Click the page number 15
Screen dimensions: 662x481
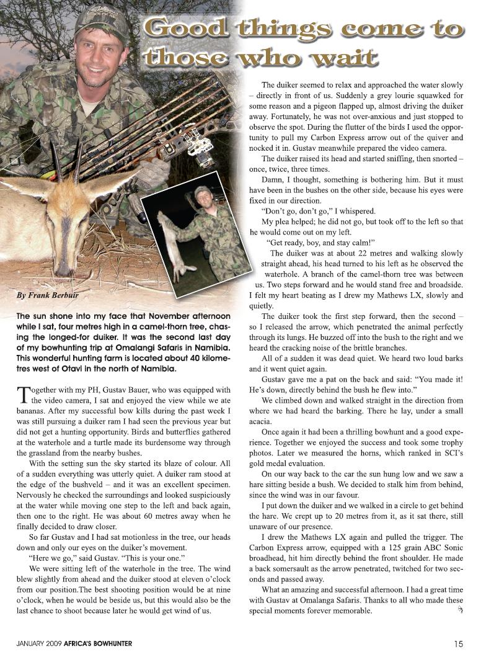point(458,643)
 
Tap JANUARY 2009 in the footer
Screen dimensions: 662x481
point(38,644)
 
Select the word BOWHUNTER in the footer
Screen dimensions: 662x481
point(110,644)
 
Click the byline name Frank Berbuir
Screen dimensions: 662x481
point(51,295)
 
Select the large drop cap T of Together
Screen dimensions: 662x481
point(22,395)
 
